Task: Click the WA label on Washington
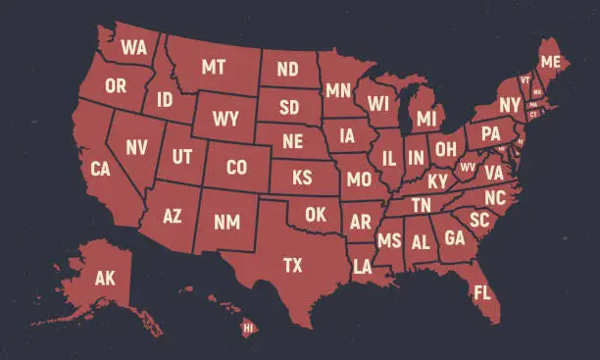coord(134,46)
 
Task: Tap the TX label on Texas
coord(292,265)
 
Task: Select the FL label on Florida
coord(481,292)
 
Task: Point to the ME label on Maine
coord(551,62)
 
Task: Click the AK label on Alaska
coord(105,279)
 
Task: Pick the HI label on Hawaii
coord(247,327)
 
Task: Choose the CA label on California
coord(100,169)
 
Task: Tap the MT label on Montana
coord(214,68)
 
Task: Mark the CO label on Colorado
coord(236,168)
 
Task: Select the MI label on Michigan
coord(425,119)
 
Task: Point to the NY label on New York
coord(509,105)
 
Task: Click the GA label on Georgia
coord(455,237)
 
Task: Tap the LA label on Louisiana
coord(363,266)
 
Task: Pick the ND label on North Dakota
coord(287,70)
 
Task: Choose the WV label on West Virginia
coord(468,167)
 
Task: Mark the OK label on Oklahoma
coord(315,214)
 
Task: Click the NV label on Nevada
coord(136,148)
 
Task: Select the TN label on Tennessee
coord(421,205)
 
